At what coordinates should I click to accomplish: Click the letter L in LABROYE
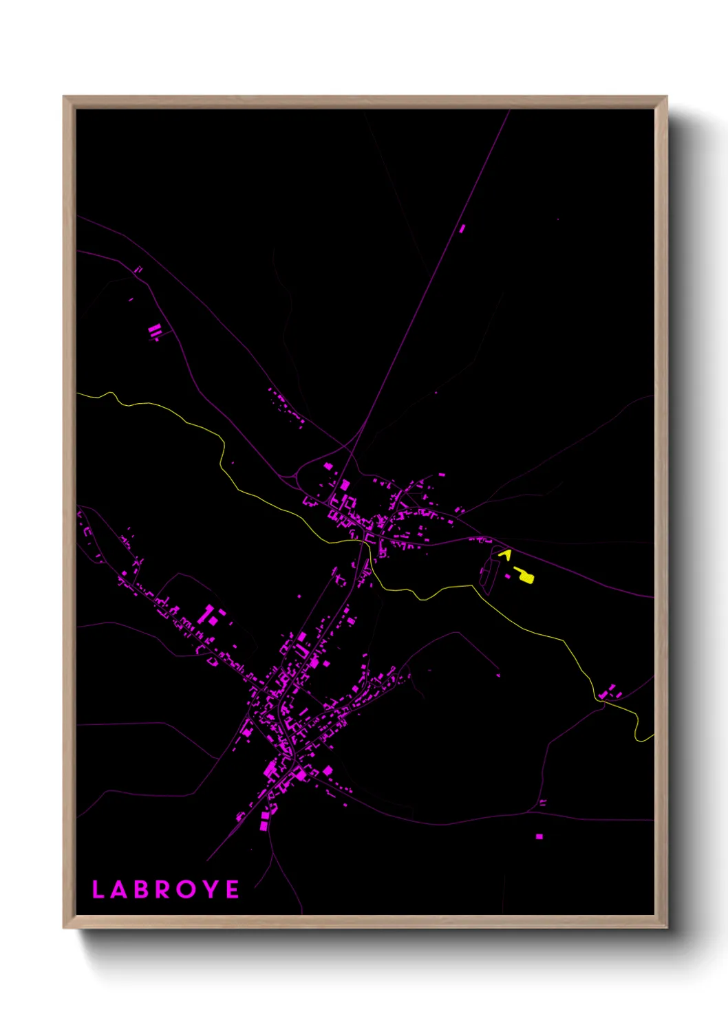98,889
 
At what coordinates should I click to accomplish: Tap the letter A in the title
119,889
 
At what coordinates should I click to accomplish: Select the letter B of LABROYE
141,889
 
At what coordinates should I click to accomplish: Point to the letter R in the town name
164,889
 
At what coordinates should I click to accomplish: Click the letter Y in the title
211,889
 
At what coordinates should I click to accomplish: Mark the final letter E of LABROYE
233,889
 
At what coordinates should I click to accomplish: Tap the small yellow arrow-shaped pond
504,553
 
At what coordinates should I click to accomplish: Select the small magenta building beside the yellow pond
508,576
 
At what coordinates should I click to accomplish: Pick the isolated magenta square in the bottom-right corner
539,836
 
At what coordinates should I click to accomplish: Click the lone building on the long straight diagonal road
462,228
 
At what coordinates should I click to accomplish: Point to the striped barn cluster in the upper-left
154,332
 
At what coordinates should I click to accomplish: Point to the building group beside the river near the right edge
608,692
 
